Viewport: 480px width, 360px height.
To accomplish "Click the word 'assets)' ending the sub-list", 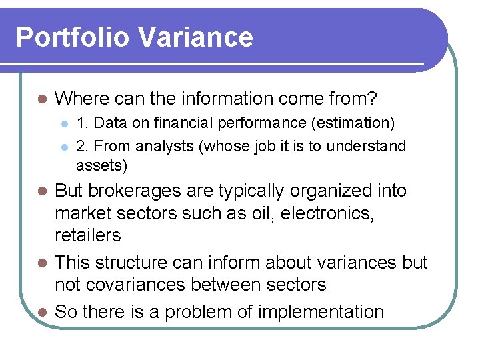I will coord(101,165).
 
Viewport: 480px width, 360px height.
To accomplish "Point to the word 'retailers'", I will coord(88,235).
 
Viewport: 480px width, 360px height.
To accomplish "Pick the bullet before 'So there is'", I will coord(41,312).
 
